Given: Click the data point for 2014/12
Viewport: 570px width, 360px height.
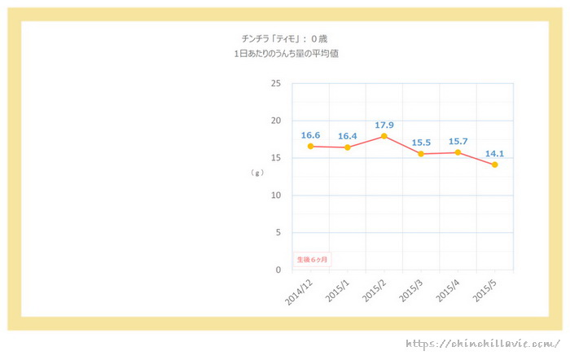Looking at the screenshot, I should tap(310, 147).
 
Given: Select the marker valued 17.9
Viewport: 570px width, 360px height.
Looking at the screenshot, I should tap(384, 136).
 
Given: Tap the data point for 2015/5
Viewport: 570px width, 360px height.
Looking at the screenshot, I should tap(494, 165).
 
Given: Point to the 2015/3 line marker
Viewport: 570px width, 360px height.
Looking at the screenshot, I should tap(421, 153).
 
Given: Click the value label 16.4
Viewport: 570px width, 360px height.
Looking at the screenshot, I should tap(348, 136).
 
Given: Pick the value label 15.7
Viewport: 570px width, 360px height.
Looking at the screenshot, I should tap(458, 141).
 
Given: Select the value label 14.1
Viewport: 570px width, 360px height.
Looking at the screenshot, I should tap(494, 153).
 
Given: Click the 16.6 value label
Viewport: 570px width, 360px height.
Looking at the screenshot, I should tap(310, 135).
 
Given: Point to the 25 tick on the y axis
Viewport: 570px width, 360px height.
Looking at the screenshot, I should tap(275, 84).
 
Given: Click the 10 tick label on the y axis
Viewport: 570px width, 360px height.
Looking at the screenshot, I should tap(275, 195).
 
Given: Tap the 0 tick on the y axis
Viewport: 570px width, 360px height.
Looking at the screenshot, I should tap(278, 270).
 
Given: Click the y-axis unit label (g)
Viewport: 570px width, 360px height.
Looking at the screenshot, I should tap(257, 173).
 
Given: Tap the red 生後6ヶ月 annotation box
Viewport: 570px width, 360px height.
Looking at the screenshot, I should tap(313, 259).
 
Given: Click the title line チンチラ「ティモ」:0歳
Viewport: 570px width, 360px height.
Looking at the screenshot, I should tap(284, 38).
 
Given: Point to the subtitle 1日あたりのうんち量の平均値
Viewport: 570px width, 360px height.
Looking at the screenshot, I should tap(284, 53).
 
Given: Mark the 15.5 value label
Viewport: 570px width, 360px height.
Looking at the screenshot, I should tap(421, 143).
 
